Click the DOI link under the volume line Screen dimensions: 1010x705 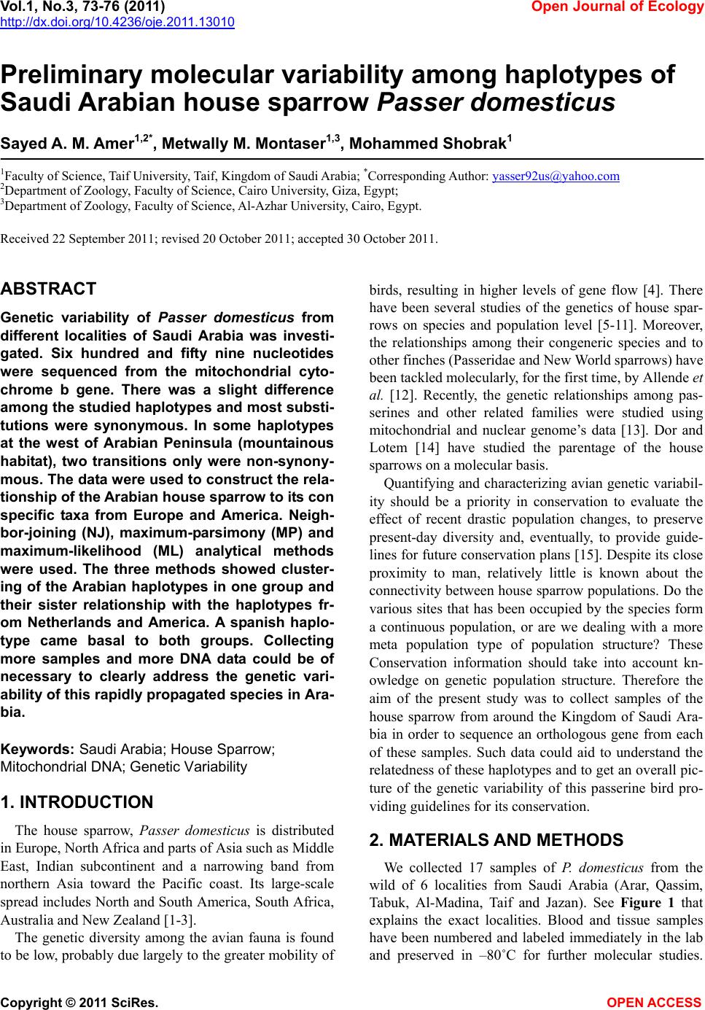pyautogui.click(x=117, y=22)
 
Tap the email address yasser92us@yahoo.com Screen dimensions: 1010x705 pyautogui.click(x=556, y=176)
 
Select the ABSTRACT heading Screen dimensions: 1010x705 pyautogui.click(x=48, y=289)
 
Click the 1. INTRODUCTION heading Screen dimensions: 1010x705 pyautogui.click(x=77, y=803)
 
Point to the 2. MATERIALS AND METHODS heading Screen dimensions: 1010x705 pyautogui.click(x=496, y=841)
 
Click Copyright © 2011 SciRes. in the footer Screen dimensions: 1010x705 pyautogui.click(x=79, y=1003)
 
